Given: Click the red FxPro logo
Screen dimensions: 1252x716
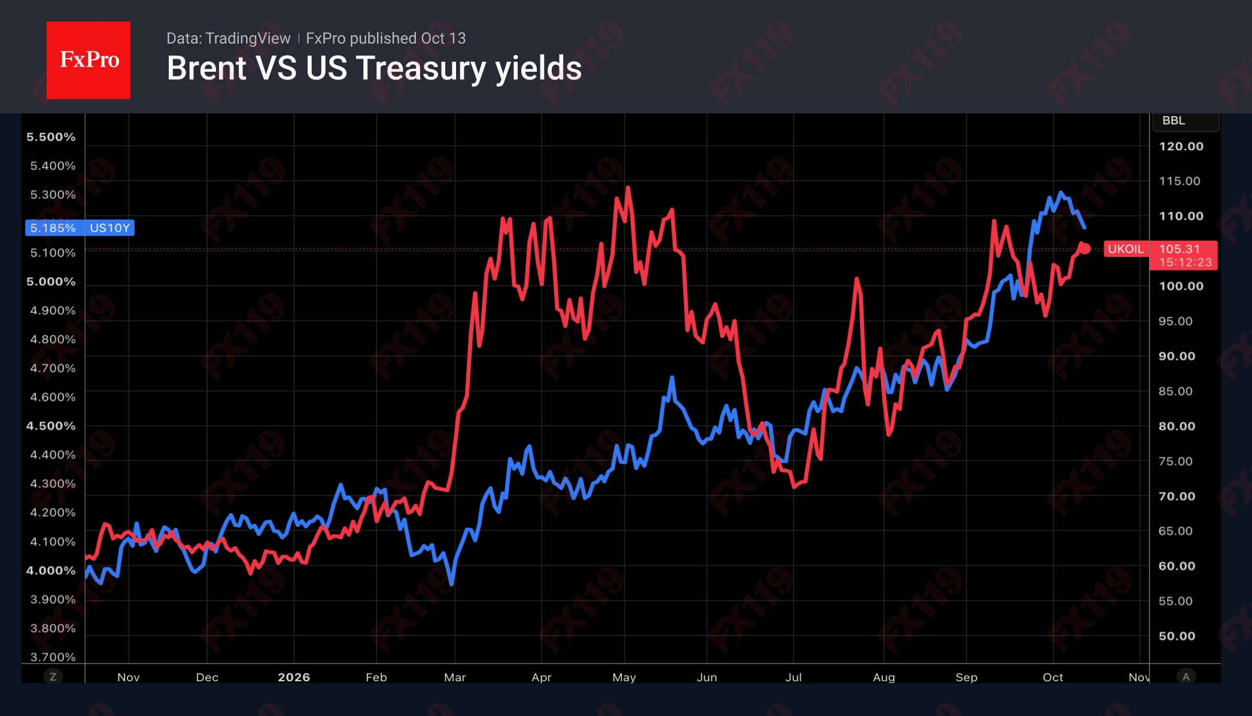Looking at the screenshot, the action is pyautogui.click(x=89, y=60).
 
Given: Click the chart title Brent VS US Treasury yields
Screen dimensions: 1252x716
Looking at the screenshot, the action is pyautogui.click(x=374, y=68).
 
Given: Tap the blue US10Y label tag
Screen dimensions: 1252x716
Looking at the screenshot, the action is pyautogui.click(x=80, y=227).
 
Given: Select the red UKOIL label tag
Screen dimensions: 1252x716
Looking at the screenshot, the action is pyautogui.click(x=1126, y=249).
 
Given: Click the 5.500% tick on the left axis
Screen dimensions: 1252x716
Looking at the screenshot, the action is pyautogui.click(x=51, y=137).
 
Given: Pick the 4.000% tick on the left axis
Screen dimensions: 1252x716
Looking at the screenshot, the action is pyautogui.click(x=51, y=571).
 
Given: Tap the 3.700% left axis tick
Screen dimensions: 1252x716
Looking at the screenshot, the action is pyautogui.click(x=53, y=657).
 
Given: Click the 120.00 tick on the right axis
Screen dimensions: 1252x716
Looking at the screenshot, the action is pyautogui.click(x=1181, y=146).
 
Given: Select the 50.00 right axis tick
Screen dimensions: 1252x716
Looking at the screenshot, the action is pyautogui.click(x=1177, y=636).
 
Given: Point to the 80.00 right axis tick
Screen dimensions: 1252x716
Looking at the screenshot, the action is pyautogui.click(x=1177, y=426).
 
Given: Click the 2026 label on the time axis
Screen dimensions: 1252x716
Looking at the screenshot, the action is pyautogui.click(x=294, y=677).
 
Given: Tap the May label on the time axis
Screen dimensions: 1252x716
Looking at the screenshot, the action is pyautogui.click(x=624, y=677).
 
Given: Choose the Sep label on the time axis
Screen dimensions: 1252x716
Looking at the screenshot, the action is pyautogui.click(x=967, y=677).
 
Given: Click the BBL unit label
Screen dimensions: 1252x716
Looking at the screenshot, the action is pyautogui.click(x=1174, y=120).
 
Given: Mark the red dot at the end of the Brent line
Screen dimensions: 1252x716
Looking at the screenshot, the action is pyautogui.click(x=1085, y=248).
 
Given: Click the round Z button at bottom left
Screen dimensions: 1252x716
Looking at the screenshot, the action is pyautogui.click(x=53, y=676).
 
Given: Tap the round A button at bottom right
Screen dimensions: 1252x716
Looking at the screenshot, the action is pyautogui.click(x=1186, y=676).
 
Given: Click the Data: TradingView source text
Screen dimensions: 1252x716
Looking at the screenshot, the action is pyautogui.click(x=228, y=38).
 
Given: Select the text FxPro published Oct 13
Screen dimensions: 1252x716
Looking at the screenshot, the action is pyautogui.click(x=386, y=38).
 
